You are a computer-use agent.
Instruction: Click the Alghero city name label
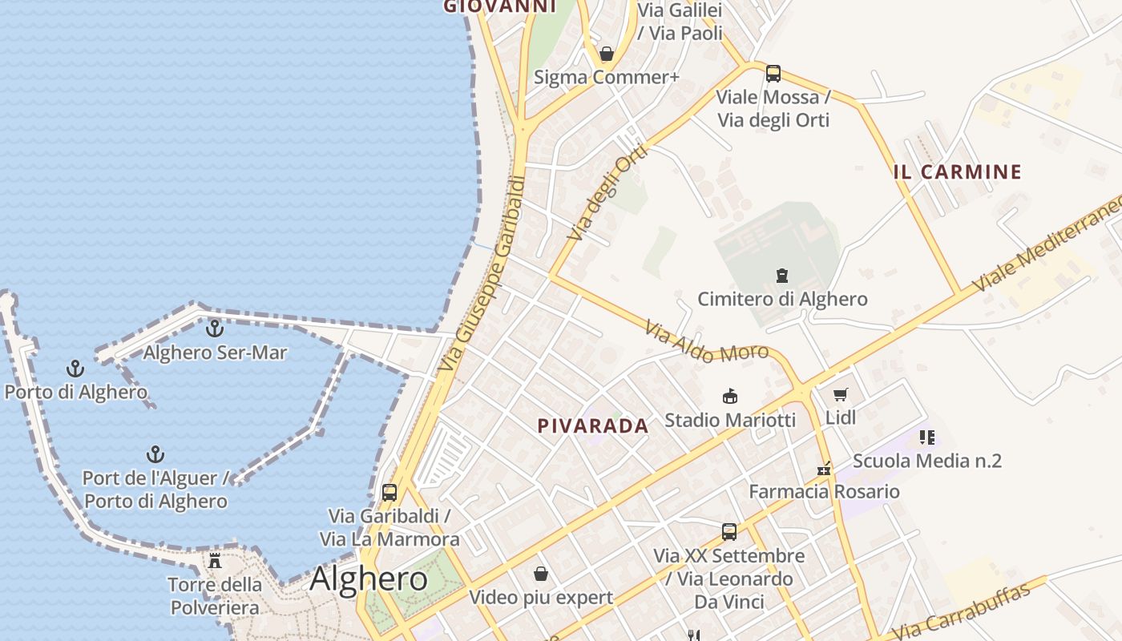click(x=369, y=579)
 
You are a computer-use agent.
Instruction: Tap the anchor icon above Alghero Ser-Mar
click(x=215, y=329)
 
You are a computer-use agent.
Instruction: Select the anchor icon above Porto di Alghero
click(x=75, y=369)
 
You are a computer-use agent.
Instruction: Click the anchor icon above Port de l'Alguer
click(x=155, y=455)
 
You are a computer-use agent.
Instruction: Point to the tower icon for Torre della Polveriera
click(x=215, y=560)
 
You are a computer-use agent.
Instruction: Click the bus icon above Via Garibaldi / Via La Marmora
click(x=389, y=493)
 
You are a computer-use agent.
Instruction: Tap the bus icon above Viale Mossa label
click(x=773, y=74)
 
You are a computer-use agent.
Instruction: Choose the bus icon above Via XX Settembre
click(x=729, y=531)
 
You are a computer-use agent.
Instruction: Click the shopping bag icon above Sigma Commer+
click(x=607, y=54)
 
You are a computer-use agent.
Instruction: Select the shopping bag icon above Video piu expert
click(x=541, y=574)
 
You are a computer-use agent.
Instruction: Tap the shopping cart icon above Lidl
click(x=840, y=394)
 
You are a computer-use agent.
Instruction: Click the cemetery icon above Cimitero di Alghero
click(x=782, y=276)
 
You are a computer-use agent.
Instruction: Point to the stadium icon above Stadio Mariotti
click(x=730, y=396)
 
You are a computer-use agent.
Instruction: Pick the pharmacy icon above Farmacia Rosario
click(x=824, y=468)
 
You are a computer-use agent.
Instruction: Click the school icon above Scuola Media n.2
click(x=927, y=437)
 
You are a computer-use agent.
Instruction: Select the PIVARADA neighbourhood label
click(x=593, y=426)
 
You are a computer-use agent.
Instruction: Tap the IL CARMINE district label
click(x=958, y=171)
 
